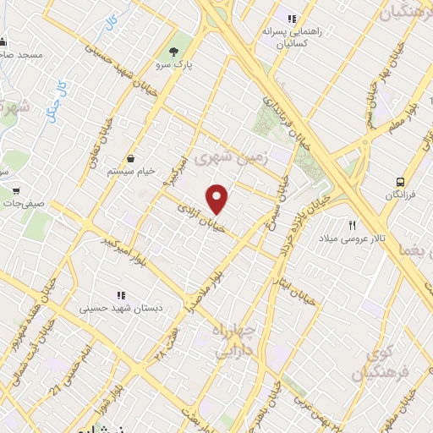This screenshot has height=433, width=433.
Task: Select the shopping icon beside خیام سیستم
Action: click(132, 158)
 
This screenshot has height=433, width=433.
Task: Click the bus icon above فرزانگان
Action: click(400, 181)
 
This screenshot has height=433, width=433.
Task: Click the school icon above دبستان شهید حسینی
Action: click(120, 295)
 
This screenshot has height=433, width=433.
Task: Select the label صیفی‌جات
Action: click(25, 203)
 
